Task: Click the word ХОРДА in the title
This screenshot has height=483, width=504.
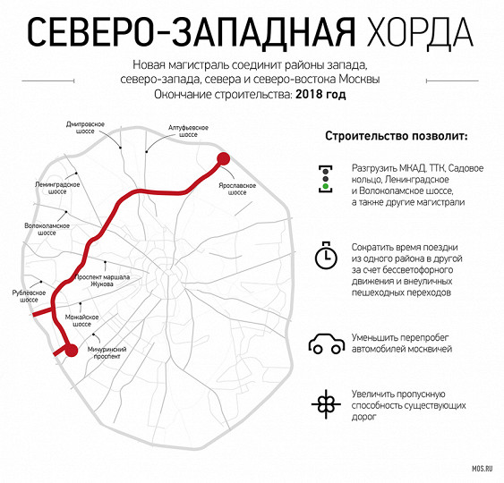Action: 420,33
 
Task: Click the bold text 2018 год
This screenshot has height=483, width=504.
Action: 320,95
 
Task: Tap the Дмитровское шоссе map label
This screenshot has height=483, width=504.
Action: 85,128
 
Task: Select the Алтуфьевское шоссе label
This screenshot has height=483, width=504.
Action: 188,131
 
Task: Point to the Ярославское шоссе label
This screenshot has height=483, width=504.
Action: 237,189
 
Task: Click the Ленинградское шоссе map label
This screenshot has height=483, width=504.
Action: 57,188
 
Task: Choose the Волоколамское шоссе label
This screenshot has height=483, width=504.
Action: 47,229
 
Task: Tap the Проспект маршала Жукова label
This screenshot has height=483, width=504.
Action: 102,280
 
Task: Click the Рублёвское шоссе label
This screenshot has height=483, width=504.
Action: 29,296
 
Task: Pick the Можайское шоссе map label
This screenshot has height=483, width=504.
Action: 81,320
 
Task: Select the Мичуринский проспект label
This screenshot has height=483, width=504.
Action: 107,352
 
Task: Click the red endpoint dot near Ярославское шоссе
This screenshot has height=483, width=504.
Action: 224,159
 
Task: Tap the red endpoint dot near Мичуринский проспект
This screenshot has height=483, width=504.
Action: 72,350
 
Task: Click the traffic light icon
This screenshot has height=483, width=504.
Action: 326,179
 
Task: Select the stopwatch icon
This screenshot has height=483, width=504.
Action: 326,255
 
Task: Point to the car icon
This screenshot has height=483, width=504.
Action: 326,343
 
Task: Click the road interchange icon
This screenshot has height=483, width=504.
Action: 326,404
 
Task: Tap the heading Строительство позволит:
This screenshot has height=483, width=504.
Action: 397,136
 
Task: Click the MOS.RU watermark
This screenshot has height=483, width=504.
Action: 483,469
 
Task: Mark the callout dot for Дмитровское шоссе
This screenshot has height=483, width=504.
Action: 121,148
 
